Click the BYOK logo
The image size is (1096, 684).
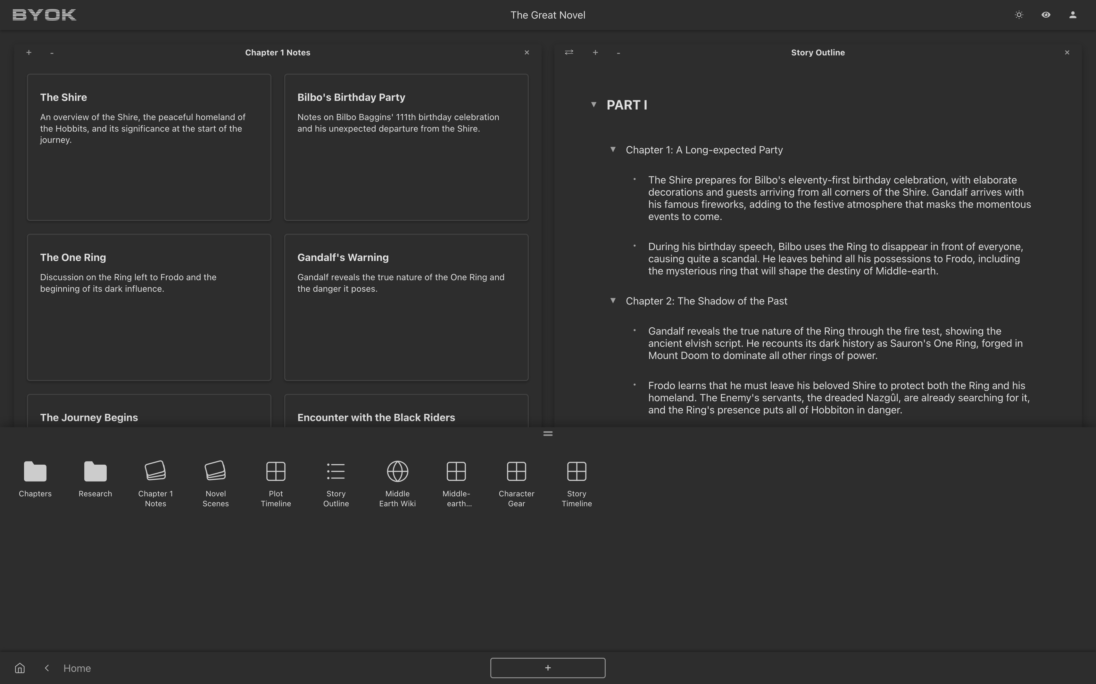pos(44,15)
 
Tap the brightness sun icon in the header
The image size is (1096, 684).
pos(1019,15)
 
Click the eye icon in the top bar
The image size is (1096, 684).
pos(1046,15)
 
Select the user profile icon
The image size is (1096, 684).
pos(1073,15)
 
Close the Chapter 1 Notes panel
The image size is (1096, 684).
pos(527,53)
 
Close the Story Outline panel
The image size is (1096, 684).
pos(1067,53)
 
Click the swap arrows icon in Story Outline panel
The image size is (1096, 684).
pos(569,53)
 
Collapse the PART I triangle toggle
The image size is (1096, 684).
pos(594,104)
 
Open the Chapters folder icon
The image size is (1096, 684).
pos(35,471)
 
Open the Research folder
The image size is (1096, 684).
pos(95,471)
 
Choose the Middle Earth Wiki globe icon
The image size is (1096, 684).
pos(397,471)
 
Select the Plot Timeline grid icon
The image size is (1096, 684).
pos(276,471)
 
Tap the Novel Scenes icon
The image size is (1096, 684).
pos(215,471)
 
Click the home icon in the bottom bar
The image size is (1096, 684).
pos(20,668)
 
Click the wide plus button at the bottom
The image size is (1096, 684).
pos(548,668)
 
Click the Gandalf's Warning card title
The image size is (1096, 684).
pos(343,257)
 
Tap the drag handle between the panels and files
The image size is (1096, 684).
pos(548,433)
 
